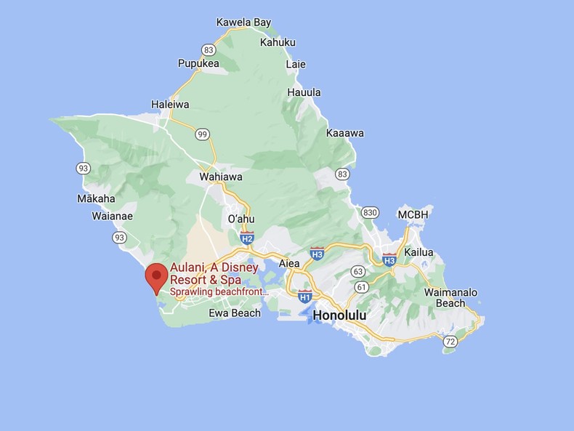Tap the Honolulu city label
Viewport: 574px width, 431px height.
click(x=339, y=315)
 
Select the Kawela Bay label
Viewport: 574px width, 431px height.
click(x=243, y=23)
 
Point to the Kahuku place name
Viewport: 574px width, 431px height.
click(x=277, y=43)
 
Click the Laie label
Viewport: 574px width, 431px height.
click(x=296, y=64)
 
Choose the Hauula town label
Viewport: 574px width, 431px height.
click(x=304, y=92)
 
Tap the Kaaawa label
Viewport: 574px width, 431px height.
click(x=345, y=133)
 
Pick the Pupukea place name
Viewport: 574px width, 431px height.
click(x=198, y=63)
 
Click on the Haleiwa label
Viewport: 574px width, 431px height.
click(x=170, y=105)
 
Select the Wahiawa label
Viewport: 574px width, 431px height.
click(x=221, y=177)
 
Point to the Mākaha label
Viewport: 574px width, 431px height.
click(x=96, y=198)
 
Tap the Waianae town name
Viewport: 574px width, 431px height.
click(x=112, y=216)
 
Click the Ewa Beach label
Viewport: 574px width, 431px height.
click(x=234, y=313)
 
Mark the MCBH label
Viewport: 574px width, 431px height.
click(x=413, y=214)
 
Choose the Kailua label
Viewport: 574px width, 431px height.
click(x=419, y=252)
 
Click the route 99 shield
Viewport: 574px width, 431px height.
click(x=203, y=134)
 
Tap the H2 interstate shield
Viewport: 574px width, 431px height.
click(x=247, y=237)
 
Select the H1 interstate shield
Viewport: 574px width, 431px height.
click(x=305, y=296)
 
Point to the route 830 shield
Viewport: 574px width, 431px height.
click(x=370, y=212)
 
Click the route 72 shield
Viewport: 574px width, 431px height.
click(x=450, y=342)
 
